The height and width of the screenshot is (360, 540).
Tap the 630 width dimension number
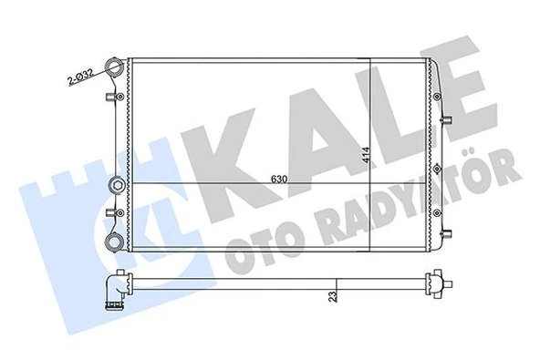[x=279, y=180]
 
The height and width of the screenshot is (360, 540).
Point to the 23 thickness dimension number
[x=335, y=294]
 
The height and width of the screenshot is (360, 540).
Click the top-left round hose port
[x=115, y=67]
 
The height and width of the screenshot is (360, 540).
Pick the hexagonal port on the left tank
[x=116, y=184]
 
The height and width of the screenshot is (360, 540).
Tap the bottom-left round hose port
[x=115, y=242]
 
